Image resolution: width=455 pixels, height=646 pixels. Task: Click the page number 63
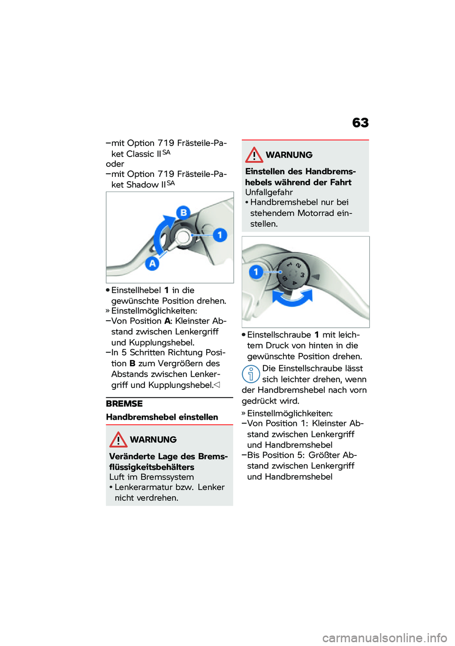click(x=360, y=123)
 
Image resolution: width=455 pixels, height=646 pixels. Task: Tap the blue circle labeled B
click(x=183, y=212)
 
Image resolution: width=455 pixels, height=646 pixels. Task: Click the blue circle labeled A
click(x=152, y=263)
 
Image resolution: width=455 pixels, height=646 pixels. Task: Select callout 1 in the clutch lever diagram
click(x=220, y=235)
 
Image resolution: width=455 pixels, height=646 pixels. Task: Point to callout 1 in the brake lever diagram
click(x=256, y=272)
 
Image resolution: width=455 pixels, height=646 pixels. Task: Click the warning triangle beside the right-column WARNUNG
click(x=254, y=155)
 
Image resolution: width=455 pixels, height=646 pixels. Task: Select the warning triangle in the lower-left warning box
click(x=118, y=440)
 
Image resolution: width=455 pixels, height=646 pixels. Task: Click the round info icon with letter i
click(x=251, y=374)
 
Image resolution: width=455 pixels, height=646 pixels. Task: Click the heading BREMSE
click(x=124, y=404)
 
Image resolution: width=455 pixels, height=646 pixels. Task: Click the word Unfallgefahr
click(x=269, y=192)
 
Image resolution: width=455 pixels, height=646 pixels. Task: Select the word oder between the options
click(x=115, y=164)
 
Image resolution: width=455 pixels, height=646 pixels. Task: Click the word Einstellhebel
click(x=136, y=290)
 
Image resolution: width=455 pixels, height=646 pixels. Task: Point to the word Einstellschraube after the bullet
click(x=279, y=335)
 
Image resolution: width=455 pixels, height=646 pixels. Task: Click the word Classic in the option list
click(x=140, y=154)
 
